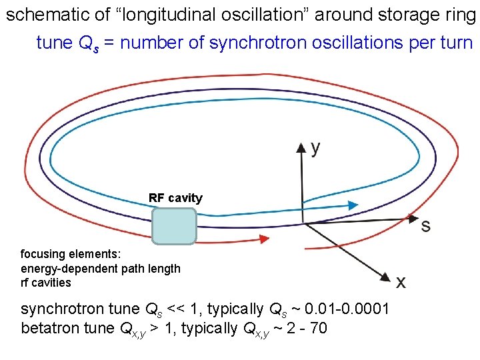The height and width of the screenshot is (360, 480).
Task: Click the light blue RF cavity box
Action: click(174, 226)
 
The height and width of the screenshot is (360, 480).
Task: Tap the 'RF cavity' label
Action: click(175, 198)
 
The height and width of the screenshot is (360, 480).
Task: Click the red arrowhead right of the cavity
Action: click(263, 238)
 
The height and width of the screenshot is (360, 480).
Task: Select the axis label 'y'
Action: click(315, 147)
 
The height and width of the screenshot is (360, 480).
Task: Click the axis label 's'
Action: click(425, 225)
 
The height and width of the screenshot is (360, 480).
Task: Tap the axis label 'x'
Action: click(401, 282)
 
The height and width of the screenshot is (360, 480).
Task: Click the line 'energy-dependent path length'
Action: click(101, 268)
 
